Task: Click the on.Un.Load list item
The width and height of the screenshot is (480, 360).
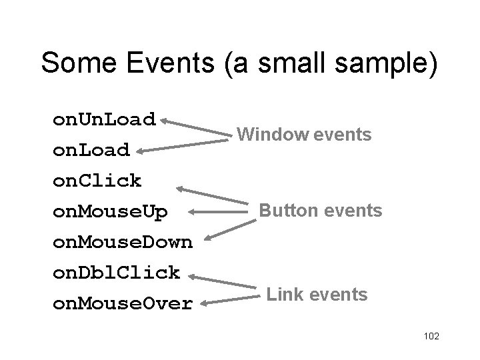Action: click(104, 120)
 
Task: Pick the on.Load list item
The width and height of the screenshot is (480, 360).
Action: click(91, 151)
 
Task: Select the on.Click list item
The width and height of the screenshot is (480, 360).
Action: click(97, 181)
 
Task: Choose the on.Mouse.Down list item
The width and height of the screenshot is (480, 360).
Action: click(123, 242)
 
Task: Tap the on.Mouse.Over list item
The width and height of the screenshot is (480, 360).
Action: click(123, 304)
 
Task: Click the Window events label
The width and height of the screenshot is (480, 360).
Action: click(304, 135)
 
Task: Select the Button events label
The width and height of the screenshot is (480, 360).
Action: click(320, 211)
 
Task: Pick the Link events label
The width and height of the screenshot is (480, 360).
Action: click(317, 294)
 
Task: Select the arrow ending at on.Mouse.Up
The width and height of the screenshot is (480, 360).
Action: click(217, 211)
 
